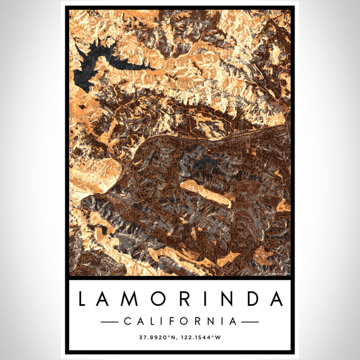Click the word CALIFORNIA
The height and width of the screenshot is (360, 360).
click(x=180, y=322)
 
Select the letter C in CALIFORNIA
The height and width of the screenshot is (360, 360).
click(x=126, y=322)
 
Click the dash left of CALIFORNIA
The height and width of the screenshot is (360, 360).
click(x=109, y=322)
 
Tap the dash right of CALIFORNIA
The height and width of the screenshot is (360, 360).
click(x=250, y=322)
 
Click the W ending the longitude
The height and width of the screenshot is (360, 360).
click(x=219, y=338)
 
